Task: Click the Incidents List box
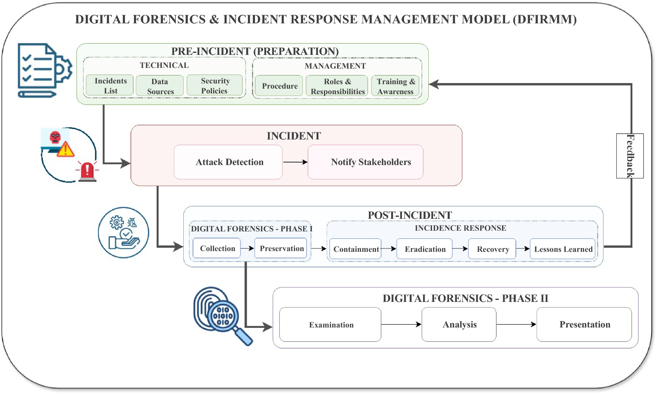coord(110,86)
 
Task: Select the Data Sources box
coord(160,86)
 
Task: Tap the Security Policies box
coord(215,86)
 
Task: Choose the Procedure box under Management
coord(279,86)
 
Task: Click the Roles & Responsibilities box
coord(337,86)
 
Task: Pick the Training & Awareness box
coord(395,86)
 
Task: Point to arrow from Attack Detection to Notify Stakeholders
coord(295,162)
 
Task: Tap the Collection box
coord(217,248)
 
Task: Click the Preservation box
coord(281,248)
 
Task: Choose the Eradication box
coord(425,249)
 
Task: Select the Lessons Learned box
coord(562,249)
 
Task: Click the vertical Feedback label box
coord(630,156)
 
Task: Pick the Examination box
coord(330,325)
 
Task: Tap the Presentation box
coord(584,325)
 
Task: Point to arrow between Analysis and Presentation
coord(516,325)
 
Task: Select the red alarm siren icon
coord(87,172)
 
